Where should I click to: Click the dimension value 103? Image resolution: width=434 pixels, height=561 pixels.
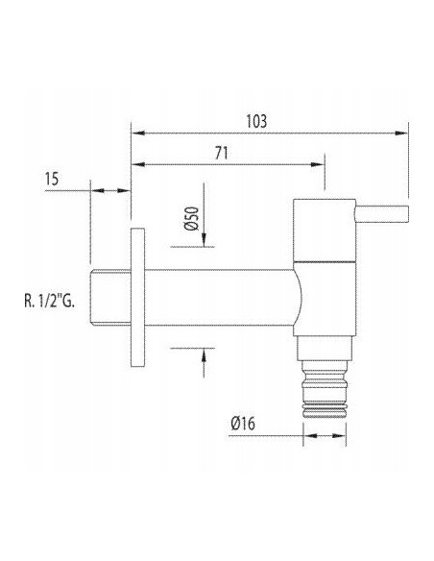[x=256, y=121]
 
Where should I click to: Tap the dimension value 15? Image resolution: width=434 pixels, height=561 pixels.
[x=54, y=178]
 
